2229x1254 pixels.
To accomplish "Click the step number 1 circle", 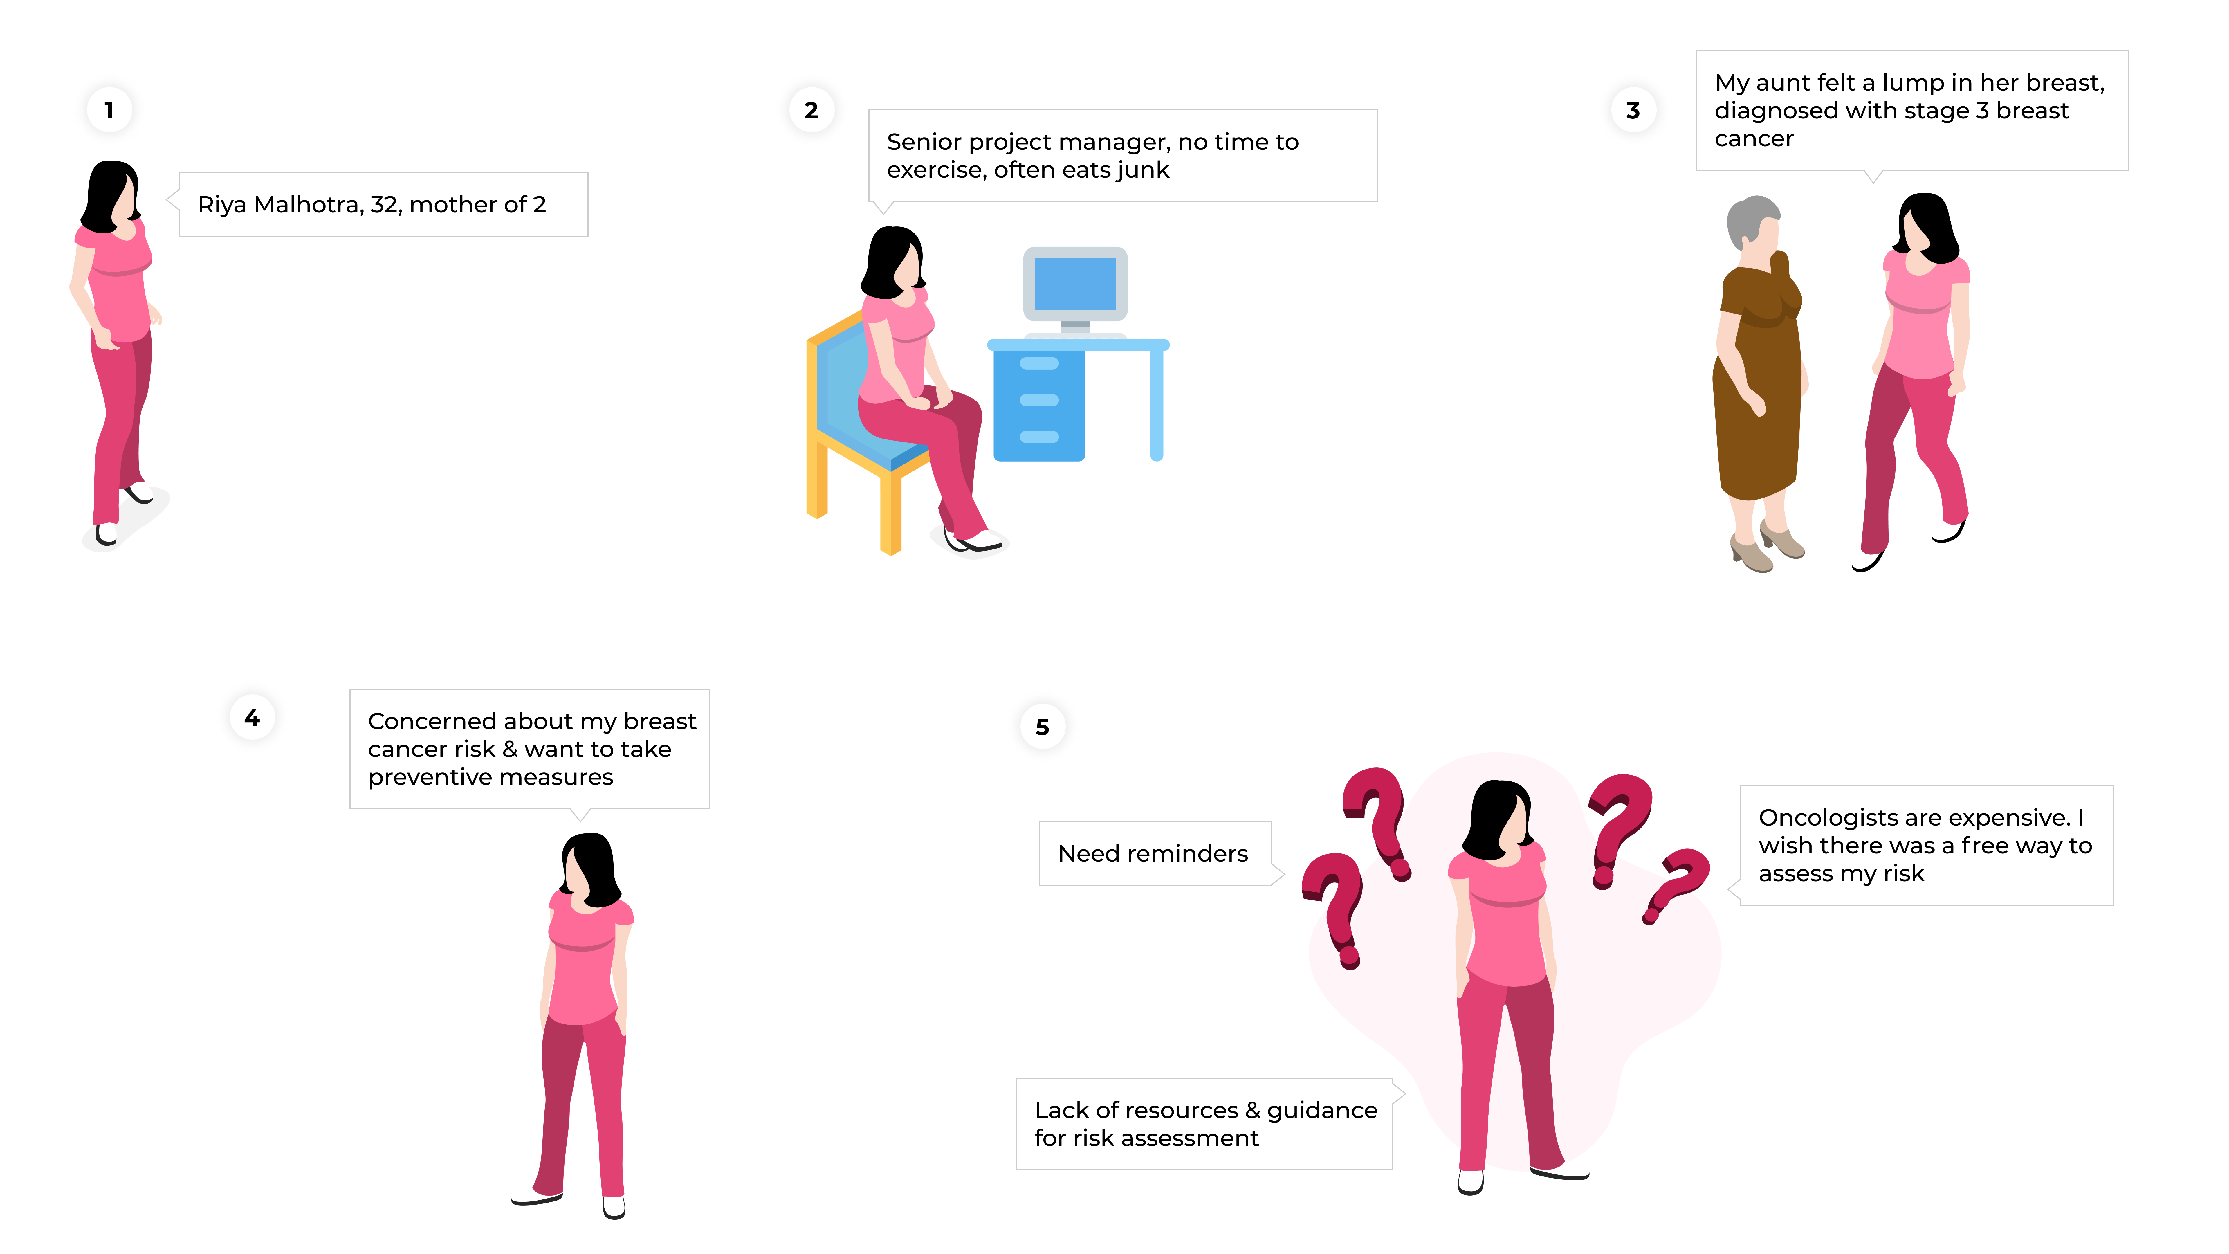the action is [x=109, y=110].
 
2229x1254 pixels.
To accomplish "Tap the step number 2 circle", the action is [x=811, y=110].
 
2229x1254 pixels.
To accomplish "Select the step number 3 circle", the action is [x=1633, y=110].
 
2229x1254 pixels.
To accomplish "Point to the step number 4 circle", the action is [x=252, y=718].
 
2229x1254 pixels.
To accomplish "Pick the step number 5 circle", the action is [x=1043, y=727].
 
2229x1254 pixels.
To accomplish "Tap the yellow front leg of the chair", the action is [x=890, y=511].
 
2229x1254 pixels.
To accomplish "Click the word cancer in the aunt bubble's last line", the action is [x=1754, y=139].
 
